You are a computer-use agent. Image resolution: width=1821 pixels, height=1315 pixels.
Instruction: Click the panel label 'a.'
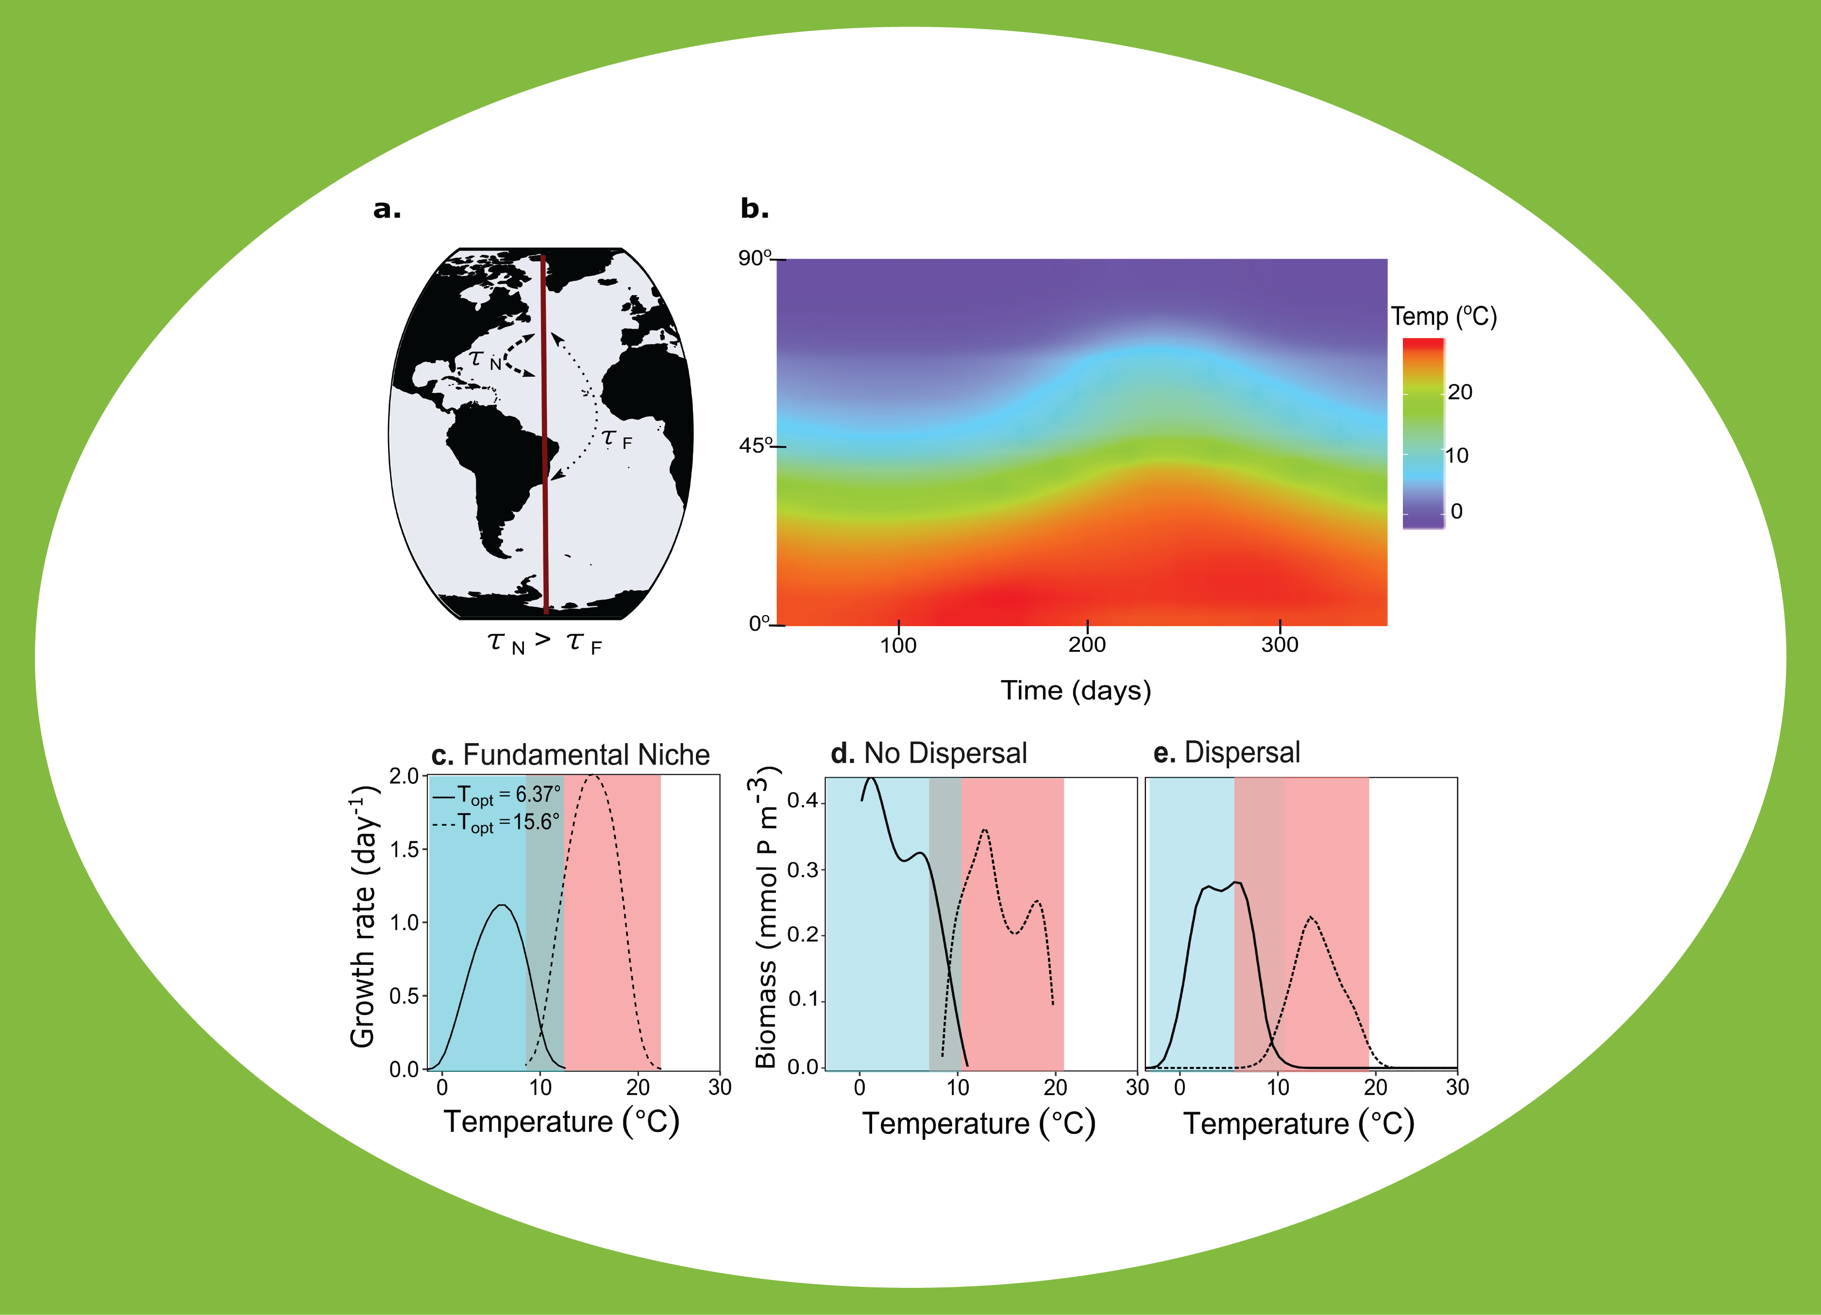pyautogui.click(x=387, y=210)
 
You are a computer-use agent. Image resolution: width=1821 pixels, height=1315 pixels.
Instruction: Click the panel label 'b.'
pyautogui.click(x=754, y=210)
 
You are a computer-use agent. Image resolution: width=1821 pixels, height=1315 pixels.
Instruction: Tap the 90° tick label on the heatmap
pyautogui.click(x=755, y=258)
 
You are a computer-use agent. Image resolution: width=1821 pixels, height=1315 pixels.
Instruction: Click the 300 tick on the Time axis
pyautogui.click(x=1279, y=645)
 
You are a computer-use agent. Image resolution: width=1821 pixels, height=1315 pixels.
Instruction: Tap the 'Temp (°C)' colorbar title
pyautogui.click(x=1444, y=316)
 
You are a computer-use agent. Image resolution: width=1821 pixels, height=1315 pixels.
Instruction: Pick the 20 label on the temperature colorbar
pyautogui.click(x=1460, y=392)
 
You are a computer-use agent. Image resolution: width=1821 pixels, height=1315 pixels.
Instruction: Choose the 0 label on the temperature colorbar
pyautogui.click(x=1456, y=512)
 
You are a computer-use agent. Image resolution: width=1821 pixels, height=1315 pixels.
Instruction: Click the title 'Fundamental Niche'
pyautogui.click(x=586, y=755)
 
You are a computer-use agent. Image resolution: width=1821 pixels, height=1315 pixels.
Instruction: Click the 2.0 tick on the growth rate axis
pyautogui.click(x=404, y=776)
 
